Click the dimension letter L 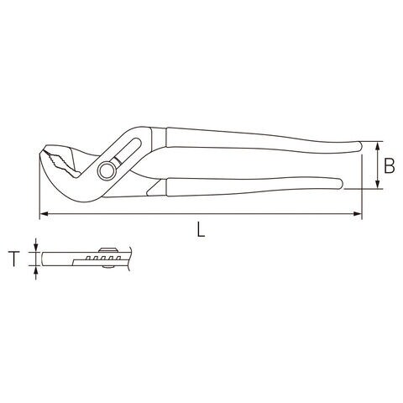(201, 229)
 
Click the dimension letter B (389, 165)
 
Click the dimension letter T (14, 259)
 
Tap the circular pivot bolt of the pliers (107, 170)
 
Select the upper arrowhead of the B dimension (378, 146)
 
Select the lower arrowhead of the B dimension (378, 184)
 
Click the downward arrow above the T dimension (35, 245)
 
